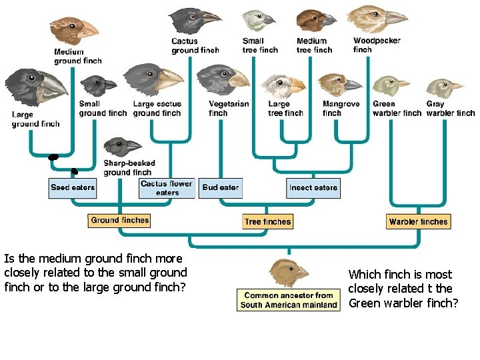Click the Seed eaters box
(73, 187)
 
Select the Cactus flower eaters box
(167, 188)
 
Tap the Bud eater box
(220, 187)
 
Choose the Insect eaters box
(313, 187)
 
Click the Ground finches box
(120, 220)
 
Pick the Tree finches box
(268, 221)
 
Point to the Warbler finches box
(419, 221)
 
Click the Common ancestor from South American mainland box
(289, 300)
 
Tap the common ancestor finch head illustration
(288, 272)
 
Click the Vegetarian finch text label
(229, 109)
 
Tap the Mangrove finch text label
(341, 109)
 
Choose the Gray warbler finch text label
(451, 109)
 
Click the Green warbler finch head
(391, 86)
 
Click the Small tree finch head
(257, 20)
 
